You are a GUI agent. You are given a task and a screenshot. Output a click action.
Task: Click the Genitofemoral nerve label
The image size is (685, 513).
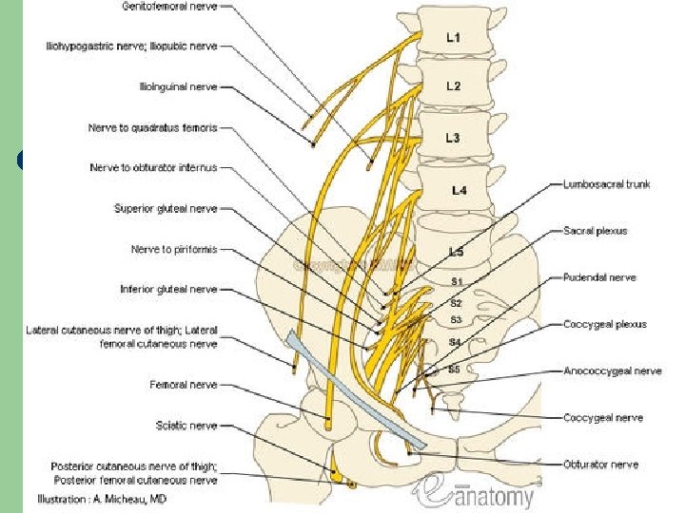pyautogui.click(x=169, y=6)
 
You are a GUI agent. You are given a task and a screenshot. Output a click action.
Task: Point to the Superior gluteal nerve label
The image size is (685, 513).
pyautogui.click(x=166, y=208)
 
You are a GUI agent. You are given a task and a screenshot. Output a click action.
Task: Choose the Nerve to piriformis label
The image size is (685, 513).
pyautogui.click(x=174, y=249)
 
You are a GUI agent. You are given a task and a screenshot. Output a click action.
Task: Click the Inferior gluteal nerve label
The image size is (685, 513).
pyautogui.click(x=168, y=289)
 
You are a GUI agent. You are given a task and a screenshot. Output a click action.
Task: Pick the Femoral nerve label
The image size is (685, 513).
pyautogui.click(x=183, y=385)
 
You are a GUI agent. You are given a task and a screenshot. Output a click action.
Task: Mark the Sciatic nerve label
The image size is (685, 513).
pyautogui.click(x=186, y=426)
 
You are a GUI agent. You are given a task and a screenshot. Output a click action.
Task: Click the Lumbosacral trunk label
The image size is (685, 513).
pyautogui.click(x=607, y=184)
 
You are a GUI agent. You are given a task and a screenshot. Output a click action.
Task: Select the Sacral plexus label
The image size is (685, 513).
pyautogui.click(x=595, y=231)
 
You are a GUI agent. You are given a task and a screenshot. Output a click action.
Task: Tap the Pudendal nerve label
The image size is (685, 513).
pyautogui.click(x=599, y=277)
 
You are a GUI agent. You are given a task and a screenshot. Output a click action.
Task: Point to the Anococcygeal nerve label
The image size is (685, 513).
pyautogui.click(x=612, y=370)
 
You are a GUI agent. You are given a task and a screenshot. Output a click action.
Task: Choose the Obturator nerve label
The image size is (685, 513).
pyautogui.click(x=600, y=465)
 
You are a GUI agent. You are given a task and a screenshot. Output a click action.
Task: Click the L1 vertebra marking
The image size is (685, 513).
pyautogui.click(x=454, y=38)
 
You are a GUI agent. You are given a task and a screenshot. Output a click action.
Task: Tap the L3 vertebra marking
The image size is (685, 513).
pyautogui.click(x=454, y=138)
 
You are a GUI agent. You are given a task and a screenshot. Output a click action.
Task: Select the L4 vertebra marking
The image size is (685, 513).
pyautogui.click(x=459, y=190)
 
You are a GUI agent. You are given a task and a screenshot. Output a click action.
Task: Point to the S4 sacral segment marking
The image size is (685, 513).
pyautogui.click(x=456, y=340)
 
